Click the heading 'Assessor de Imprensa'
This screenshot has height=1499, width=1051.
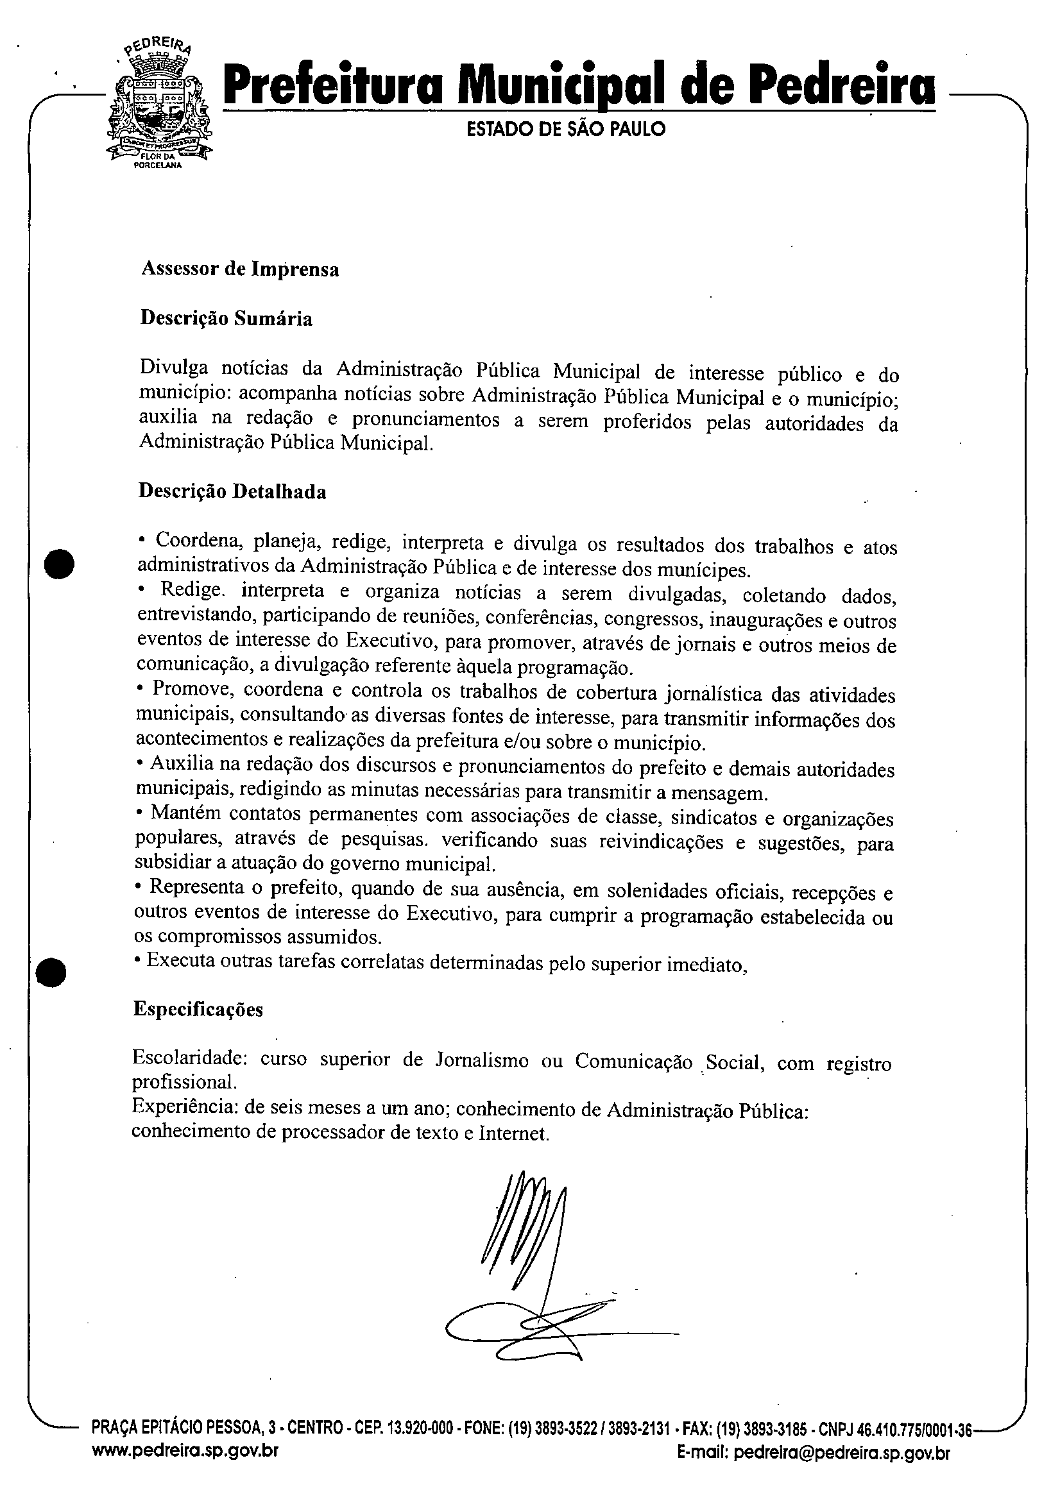pyautogui.click(x=241, y=269)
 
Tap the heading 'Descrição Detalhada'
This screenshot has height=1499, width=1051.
pyautogui.click(x=232, y=491)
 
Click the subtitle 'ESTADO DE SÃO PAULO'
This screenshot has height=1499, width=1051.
pyautogui.click(x=566, y=130)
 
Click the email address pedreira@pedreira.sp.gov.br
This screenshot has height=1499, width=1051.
pyautogui.click(x=841, y=1471)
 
